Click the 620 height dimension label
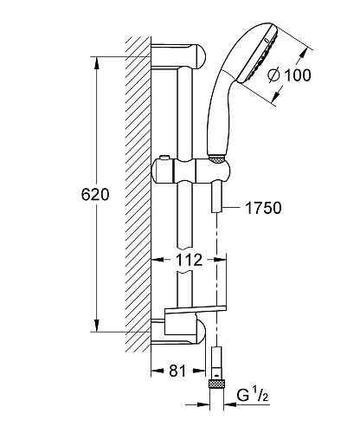pyautogui.click(x=95, y=195)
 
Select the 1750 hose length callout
pyautogui.click(x=263, y=208)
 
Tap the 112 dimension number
pyautogui.click(x=190, y=260)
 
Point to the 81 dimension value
pyautogui.click(x=177, y=371)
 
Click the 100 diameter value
pyautogui.click(x=298, y=75)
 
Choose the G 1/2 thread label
pyautogui.click(x=253, y=395)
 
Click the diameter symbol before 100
pyautogui.click(x=273, y=75)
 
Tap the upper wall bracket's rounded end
pyautogui.click(x=201, y=56)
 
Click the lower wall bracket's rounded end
pyautogui.click(x=201, y=332)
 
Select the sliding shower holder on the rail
pyautogui.click(x=191, y=171)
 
